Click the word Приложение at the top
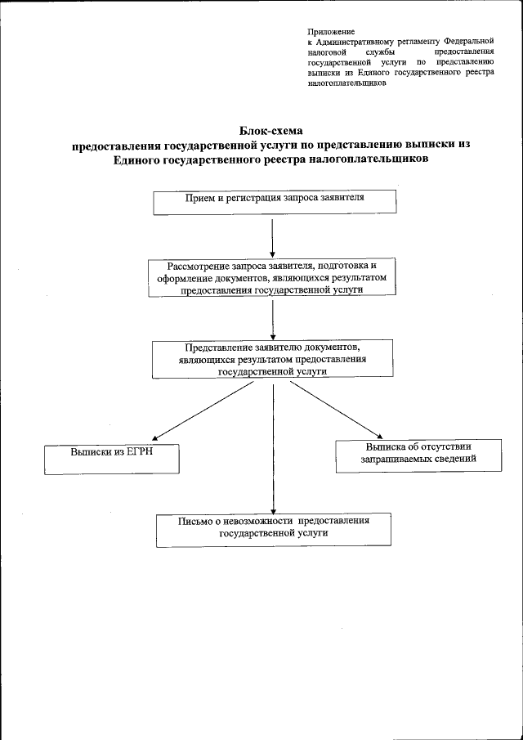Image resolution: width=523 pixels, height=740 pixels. tap(325, 30)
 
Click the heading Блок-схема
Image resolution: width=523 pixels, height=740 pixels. tap(270, 130)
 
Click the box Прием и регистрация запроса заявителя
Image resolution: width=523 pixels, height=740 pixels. tap(275, 202)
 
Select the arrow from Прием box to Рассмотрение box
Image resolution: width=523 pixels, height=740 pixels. tap(271, 237)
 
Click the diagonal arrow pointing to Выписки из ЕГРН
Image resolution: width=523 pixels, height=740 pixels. tap(204, 413)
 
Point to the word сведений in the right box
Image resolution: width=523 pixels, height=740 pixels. tap(454, 460)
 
